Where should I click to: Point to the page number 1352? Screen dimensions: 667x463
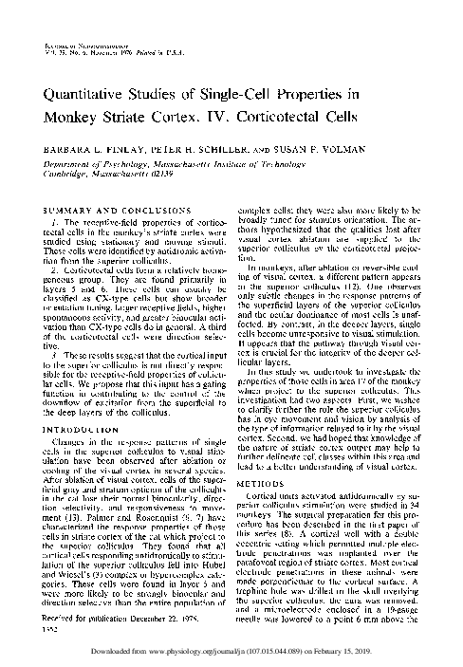tap(39, 629)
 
